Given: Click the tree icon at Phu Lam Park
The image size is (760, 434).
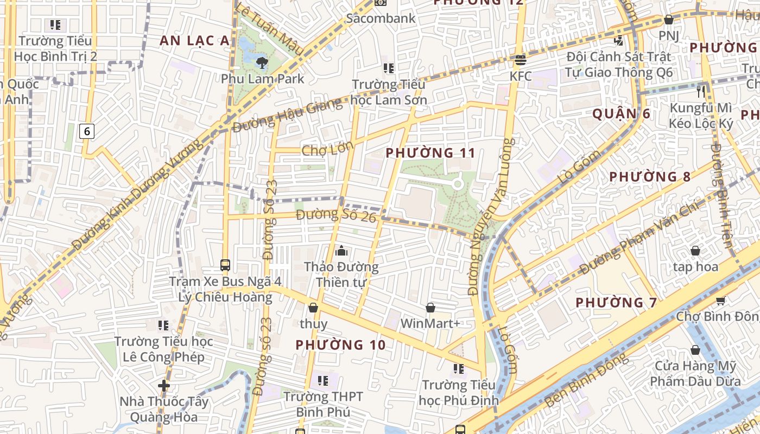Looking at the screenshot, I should (262, 62).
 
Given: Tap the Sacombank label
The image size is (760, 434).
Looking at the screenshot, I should (381, 18).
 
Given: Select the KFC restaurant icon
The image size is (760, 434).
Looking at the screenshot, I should (520, 60).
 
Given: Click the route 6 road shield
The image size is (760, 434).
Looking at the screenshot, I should (87, 131).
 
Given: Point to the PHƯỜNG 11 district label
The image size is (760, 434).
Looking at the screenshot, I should (430, 153).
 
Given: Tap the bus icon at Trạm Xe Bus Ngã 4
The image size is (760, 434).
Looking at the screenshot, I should (225, 265).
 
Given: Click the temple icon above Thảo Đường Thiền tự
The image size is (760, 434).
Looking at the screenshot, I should (341, 251).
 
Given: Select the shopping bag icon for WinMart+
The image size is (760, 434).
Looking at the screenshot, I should (430, 308).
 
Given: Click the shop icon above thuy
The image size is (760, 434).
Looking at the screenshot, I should (313, 308).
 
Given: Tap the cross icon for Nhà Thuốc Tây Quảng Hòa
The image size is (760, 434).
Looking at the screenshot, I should (164, 386).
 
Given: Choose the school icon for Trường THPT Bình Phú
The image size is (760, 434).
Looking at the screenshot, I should (323, 381).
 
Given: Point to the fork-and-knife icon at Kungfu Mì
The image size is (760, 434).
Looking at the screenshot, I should (701, 91).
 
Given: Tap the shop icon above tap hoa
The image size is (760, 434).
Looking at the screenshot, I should (695, 251).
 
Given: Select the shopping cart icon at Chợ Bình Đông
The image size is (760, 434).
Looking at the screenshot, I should (720, 301).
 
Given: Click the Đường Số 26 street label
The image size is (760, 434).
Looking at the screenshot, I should (336, 215).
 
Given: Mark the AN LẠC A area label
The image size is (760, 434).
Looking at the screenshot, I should (194, 40).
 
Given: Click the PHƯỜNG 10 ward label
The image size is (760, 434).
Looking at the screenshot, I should (340, 344).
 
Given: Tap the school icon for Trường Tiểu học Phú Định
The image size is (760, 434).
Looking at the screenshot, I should (459, 369).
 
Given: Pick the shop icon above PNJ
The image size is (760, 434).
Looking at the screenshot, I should (669, 20).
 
